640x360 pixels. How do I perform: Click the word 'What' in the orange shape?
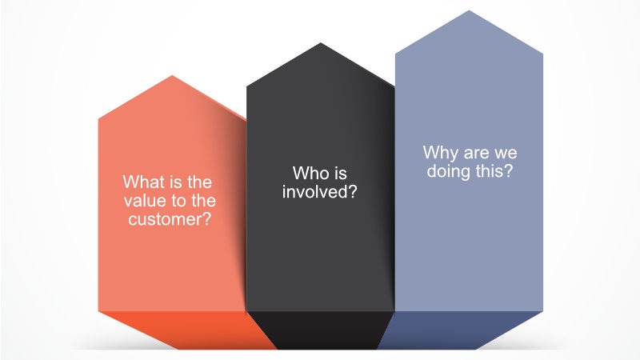tap(141, 182)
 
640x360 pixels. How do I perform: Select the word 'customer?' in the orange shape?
tap(170, 219)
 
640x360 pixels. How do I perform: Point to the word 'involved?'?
tap(319, 192)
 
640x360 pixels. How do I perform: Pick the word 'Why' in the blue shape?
tap(439, 153)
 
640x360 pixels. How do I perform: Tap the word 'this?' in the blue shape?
tap(493, 170)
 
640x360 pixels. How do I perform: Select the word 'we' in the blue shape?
tap(506, 154)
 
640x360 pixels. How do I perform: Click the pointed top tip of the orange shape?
tap(172, 75)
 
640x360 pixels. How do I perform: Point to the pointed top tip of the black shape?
tap(321, 43)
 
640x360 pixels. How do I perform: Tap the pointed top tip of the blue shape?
tap(469, 10)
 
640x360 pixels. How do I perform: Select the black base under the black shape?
tap(322, 330)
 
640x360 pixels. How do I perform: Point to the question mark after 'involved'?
tap(353, 191)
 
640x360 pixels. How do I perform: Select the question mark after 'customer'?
tap(206, 219)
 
